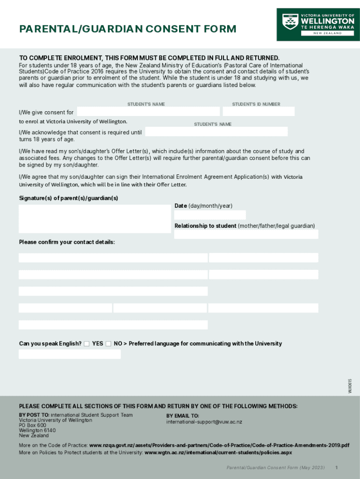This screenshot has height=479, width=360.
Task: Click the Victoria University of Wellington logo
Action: point(318,24)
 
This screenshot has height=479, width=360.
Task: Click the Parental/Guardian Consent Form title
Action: point(128,29)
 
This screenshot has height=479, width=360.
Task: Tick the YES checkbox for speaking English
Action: point(86,344)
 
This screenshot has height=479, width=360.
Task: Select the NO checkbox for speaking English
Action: point(108,344)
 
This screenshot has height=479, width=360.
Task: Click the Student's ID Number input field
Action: point(259,111)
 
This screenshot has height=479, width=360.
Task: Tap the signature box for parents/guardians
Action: point(94,219)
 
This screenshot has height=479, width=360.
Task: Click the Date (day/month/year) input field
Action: point(210,215)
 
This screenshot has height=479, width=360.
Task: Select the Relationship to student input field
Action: point(246,234)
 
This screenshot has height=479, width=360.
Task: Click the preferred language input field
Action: point(70,354)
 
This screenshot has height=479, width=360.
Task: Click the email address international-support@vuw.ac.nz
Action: point(204,422)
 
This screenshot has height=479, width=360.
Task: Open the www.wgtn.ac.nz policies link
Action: point(218,453)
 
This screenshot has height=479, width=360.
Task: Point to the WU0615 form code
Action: point(350,385)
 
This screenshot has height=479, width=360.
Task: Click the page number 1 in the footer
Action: point(336,468)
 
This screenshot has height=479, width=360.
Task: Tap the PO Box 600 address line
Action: point(33,425)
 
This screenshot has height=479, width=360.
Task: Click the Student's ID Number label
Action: point(256,104)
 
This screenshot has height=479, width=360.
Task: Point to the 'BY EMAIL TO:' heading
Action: point(183,416)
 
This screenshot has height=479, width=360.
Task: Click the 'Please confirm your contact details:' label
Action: point(67,242)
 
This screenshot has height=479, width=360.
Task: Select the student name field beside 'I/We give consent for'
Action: point(148,111)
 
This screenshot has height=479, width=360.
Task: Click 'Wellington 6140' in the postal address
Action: point(37,430)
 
